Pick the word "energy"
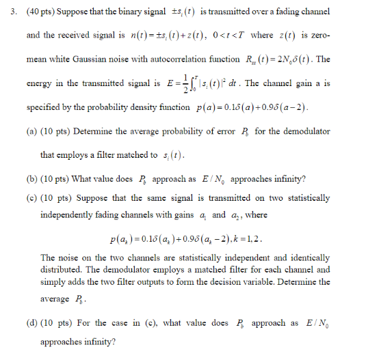pos(40,83)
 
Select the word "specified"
pos(46,108)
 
